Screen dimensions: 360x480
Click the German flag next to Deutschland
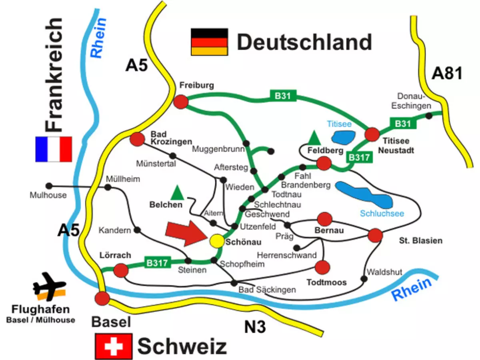(210, 42)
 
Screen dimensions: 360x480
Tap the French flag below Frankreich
(54, 149)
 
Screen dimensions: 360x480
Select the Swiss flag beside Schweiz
(114, 346)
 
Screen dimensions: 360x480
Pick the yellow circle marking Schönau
(217, 241)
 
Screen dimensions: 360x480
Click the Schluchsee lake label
(382, 214)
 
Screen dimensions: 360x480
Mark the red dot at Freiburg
(181, 102)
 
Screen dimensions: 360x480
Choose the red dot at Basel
(102, 298)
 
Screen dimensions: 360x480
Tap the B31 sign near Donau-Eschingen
(403, 124)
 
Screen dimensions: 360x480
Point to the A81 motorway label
(447, 74)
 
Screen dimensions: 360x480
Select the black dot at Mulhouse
(49, 186)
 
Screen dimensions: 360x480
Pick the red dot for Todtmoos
(322, 266)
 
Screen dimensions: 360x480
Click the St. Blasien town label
(420, 240)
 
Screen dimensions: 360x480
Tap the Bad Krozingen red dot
(137, 139)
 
